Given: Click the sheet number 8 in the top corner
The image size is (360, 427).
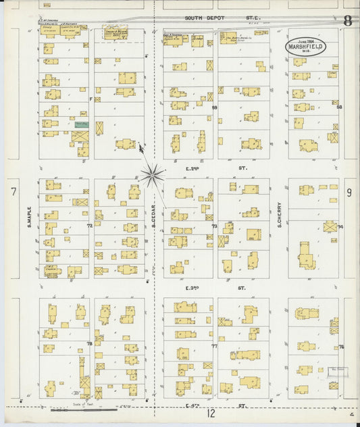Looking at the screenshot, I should coord(347,20).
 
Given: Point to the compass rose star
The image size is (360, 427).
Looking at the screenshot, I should coord(153,176).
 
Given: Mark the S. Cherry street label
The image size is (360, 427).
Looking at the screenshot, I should coord(279,214).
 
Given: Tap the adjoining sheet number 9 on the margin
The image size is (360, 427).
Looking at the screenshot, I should coord(349,193).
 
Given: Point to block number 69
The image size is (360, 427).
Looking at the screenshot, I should coord(215,107).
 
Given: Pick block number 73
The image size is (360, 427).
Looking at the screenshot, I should coord(215,226).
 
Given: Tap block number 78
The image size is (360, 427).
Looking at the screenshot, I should coord(90,345).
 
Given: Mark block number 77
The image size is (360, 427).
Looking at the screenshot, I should coord(215,346).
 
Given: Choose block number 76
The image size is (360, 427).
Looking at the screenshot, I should coord(340,347).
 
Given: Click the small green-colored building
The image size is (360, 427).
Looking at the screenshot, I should coord(81,125).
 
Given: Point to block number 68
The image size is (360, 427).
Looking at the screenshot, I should coord(340,107).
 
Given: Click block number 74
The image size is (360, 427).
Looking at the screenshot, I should coord(340,226).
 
